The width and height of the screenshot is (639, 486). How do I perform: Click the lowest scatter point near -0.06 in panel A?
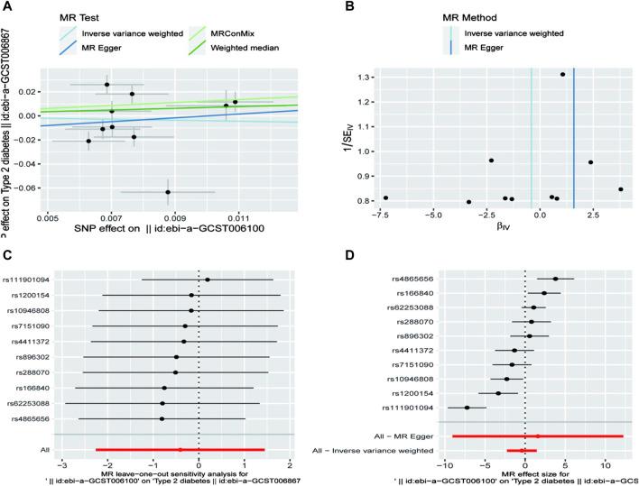tap(168, 192)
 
